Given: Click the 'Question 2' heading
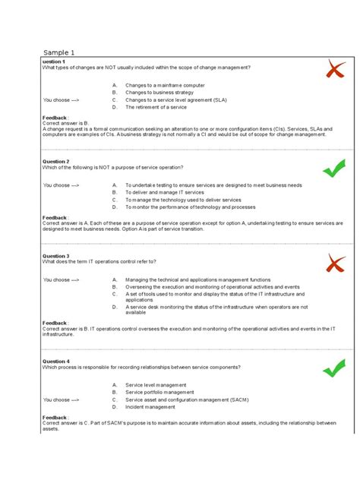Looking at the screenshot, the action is pos(56,162).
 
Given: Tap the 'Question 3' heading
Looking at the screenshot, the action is pos(56,257).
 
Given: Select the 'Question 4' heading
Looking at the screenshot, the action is pos(56,361).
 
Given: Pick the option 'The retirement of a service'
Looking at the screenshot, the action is pos(156,106).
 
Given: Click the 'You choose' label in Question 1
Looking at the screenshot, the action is pos(62,99).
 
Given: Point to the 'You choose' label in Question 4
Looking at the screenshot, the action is pos(62,399).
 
